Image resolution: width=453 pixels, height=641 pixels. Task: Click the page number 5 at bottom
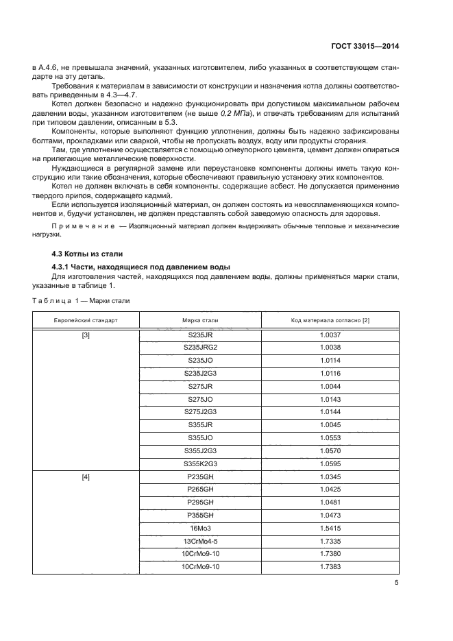pos(397,583)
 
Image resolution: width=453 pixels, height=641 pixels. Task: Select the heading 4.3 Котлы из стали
pos(82,254)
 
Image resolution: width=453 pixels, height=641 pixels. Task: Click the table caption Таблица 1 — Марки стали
pos(80,300)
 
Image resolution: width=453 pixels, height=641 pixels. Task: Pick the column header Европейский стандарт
pos(86,320)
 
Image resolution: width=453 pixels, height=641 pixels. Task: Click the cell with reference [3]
pos(86,335)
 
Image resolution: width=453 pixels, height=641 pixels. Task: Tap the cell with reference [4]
pos(86,476)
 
